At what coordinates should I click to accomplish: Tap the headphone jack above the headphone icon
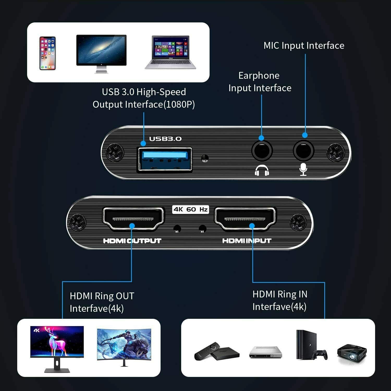pyautogui.click(x=262, y=151)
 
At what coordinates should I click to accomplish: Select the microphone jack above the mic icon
pyautogui.click(x=303, y=151)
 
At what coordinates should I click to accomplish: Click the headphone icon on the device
pyautogui.click(x=262, y=170)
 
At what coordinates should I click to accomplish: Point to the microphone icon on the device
pyautogui.click(x=303, y=169)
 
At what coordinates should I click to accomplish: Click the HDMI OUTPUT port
pyautogui.click(x=133, y=219)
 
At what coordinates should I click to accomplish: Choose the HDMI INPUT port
pyautogui.click(x=245, y=219)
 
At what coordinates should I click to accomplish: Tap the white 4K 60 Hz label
pyautogui.click(x=191, y=210)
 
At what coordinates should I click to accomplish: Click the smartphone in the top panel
pyautogui.click(x=47, y=53)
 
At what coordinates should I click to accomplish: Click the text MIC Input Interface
pyautogui.click(x=304, y=46)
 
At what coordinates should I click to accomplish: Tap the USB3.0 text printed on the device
pyautogui.click(x=165, y=139)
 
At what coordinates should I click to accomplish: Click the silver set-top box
pyautogui.click(x=266, y=352)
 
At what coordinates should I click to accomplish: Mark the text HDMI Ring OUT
pyautogui.click(x=102, y=296)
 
